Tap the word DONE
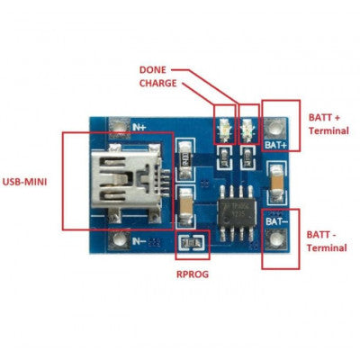[x=156, y=69]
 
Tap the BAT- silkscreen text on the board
[x=277, y=219]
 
